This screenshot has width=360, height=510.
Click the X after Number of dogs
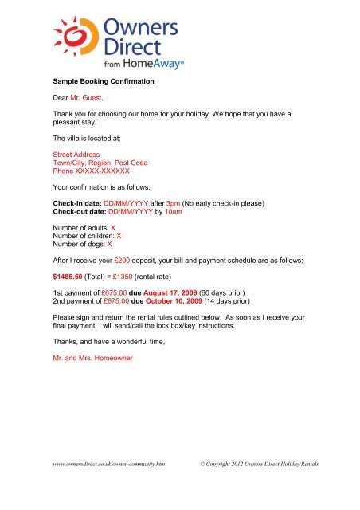click(x=109, y=245)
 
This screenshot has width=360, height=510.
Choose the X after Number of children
click(x=119, y=237)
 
